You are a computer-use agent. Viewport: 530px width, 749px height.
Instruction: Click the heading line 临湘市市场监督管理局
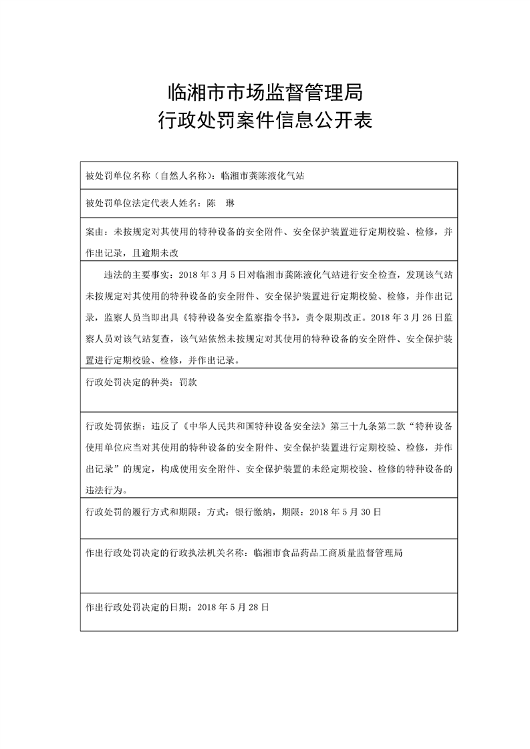coord(265,89)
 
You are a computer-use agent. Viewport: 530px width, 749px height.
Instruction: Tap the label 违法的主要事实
coord(136,274)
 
